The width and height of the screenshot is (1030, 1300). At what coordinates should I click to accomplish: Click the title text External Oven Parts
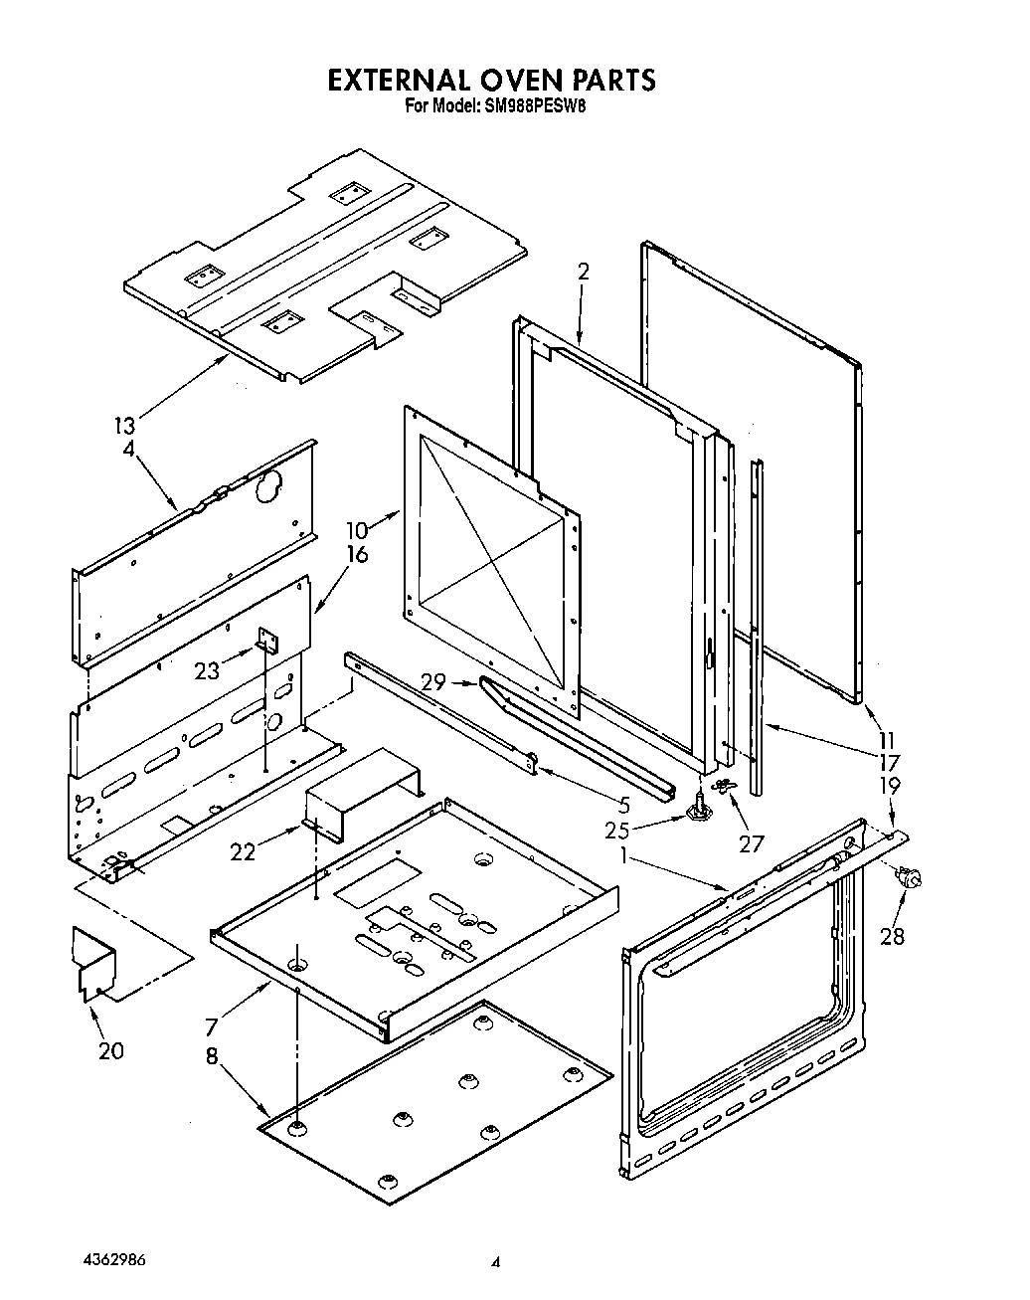[492, 80]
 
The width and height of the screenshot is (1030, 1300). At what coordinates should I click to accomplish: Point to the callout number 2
[584, 272]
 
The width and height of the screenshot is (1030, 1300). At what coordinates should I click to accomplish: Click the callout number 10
[356, 530]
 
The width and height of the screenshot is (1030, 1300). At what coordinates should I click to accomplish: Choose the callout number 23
[207, 670]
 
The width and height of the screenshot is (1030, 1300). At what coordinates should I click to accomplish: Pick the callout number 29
[432, 682]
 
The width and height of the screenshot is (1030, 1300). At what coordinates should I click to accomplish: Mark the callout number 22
[243, 850]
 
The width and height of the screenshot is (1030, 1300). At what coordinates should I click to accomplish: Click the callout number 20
[111, 1049]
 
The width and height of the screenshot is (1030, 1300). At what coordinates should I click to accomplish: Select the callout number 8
[212, 1057]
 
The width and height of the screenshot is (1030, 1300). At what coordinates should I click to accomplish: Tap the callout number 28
[892, 936]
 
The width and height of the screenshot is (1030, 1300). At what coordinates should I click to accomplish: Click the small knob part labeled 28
[908, 877]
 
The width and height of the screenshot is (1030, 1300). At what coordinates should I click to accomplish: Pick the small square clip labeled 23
[266, 641]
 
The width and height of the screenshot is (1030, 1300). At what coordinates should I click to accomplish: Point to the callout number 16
[356, 554]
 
